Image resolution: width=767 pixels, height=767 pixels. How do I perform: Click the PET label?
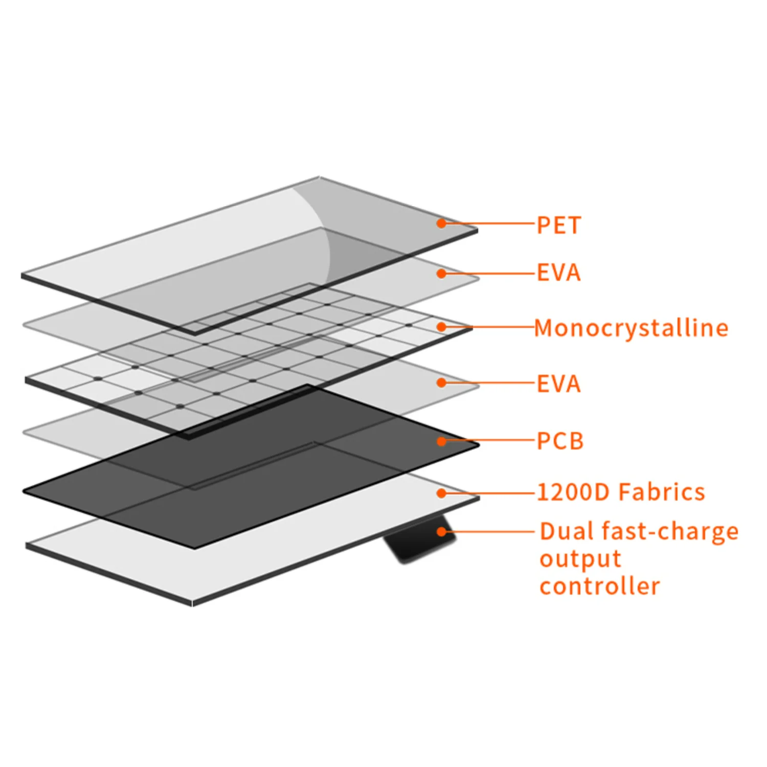558,225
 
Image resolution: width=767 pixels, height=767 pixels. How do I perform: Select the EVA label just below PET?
558,273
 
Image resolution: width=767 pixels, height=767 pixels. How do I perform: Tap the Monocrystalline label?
631,328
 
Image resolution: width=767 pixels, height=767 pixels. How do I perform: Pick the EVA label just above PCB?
558,384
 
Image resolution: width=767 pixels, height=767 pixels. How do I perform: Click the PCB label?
560,441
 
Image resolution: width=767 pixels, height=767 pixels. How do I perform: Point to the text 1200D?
573,492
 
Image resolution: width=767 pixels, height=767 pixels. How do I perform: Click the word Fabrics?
662,492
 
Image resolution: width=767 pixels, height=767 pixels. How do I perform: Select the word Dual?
567,531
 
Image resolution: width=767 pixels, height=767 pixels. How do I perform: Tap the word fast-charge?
670,532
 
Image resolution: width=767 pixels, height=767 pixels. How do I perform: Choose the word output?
580,559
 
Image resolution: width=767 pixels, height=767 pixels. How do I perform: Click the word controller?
600,586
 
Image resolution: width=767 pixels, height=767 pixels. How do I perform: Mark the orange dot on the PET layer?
441,223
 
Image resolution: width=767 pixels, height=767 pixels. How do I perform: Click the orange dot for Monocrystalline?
441,327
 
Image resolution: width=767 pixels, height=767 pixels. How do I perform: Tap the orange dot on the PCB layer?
441,441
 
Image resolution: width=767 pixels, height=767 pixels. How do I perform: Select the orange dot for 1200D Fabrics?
441,493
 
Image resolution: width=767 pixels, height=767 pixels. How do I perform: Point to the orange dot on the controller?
441,532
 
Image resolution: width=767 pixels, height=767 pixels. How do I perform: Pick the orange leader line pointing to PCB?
488,440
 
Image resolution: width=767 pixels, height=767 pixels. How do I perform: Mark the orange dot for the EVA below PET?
441,274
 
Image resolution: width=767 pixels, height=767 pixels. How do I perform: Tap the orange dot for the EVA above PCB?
441,382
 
